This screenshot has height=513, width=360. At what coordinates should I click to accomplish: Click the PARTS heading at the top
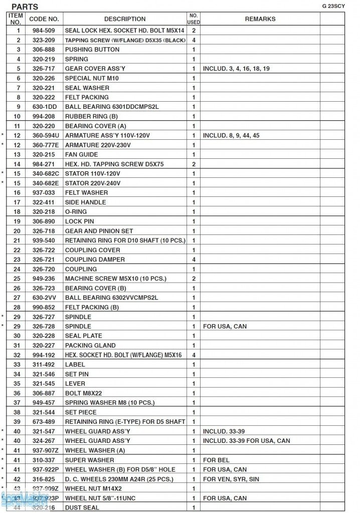25,7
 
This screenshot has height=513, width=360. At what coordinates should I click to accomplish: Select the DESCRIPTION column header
125,19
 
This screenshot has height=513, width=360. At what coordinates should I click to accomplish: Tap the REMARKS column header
260,19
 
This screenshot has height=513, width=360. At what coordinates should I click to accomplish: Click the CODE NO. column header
44,19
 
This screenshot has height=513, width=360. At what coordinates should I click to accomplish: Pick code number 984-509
44,31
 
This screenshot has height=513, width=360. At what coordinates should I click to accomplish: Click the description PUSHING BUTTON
92,50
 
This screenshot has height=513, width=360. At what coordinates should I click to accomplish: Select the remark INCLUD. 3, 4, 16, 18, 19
236,69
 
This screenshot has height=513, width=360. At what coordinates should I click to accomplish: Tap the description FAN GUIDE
81,155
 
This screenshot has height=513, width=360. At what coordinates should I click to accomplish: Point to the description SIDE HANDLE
85,202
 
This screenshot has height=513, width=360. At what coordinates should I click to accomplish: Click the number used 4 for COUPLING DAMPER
194,260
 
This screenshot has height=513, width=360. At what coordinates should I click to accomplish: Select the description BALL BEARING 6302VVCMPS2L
111,298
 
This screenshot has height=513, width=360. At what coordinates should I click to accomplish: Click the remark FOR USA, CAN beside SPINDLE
225,326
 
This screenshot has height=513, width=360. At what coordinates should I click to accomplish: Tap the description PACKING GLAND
90,345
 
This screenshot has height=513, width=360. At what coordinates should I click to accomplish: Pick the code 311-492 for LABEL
44,364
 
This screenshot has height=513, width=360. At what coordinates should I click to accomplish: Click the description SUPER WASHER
89,460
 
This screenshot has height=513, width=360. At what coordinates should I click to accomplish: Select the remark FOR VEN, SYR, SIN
232,479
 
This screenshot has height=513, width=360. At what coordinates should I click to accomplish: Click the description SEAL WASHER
87,88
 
